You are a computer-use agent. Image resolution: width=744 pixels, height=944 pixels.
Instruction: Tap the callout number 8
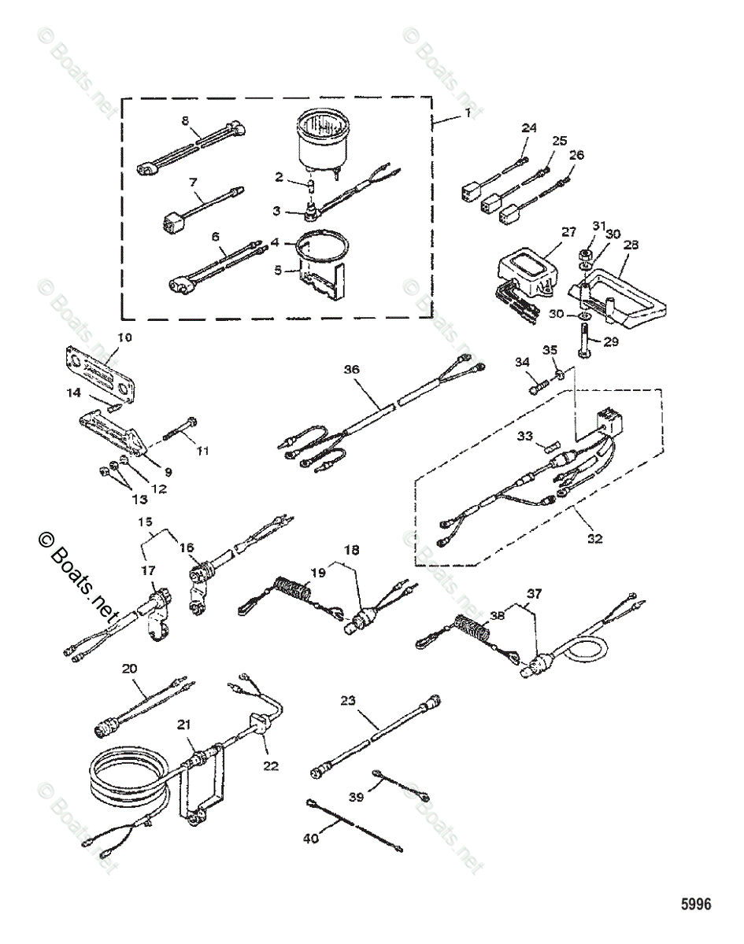coord(186,120)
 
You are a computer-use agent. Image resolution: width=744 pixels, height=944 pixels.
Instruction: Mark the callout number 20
coord(130,669)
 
